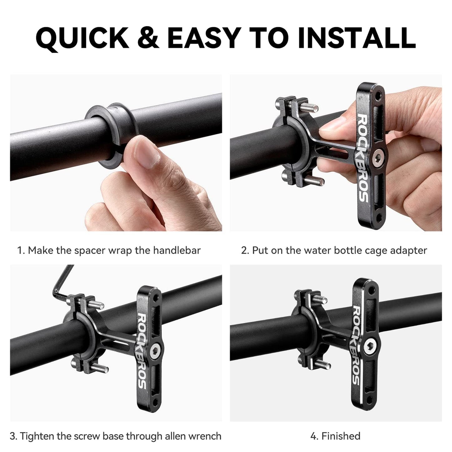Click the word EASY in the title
point(204,38)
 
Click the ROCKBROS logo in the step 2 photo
point(363,158)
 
